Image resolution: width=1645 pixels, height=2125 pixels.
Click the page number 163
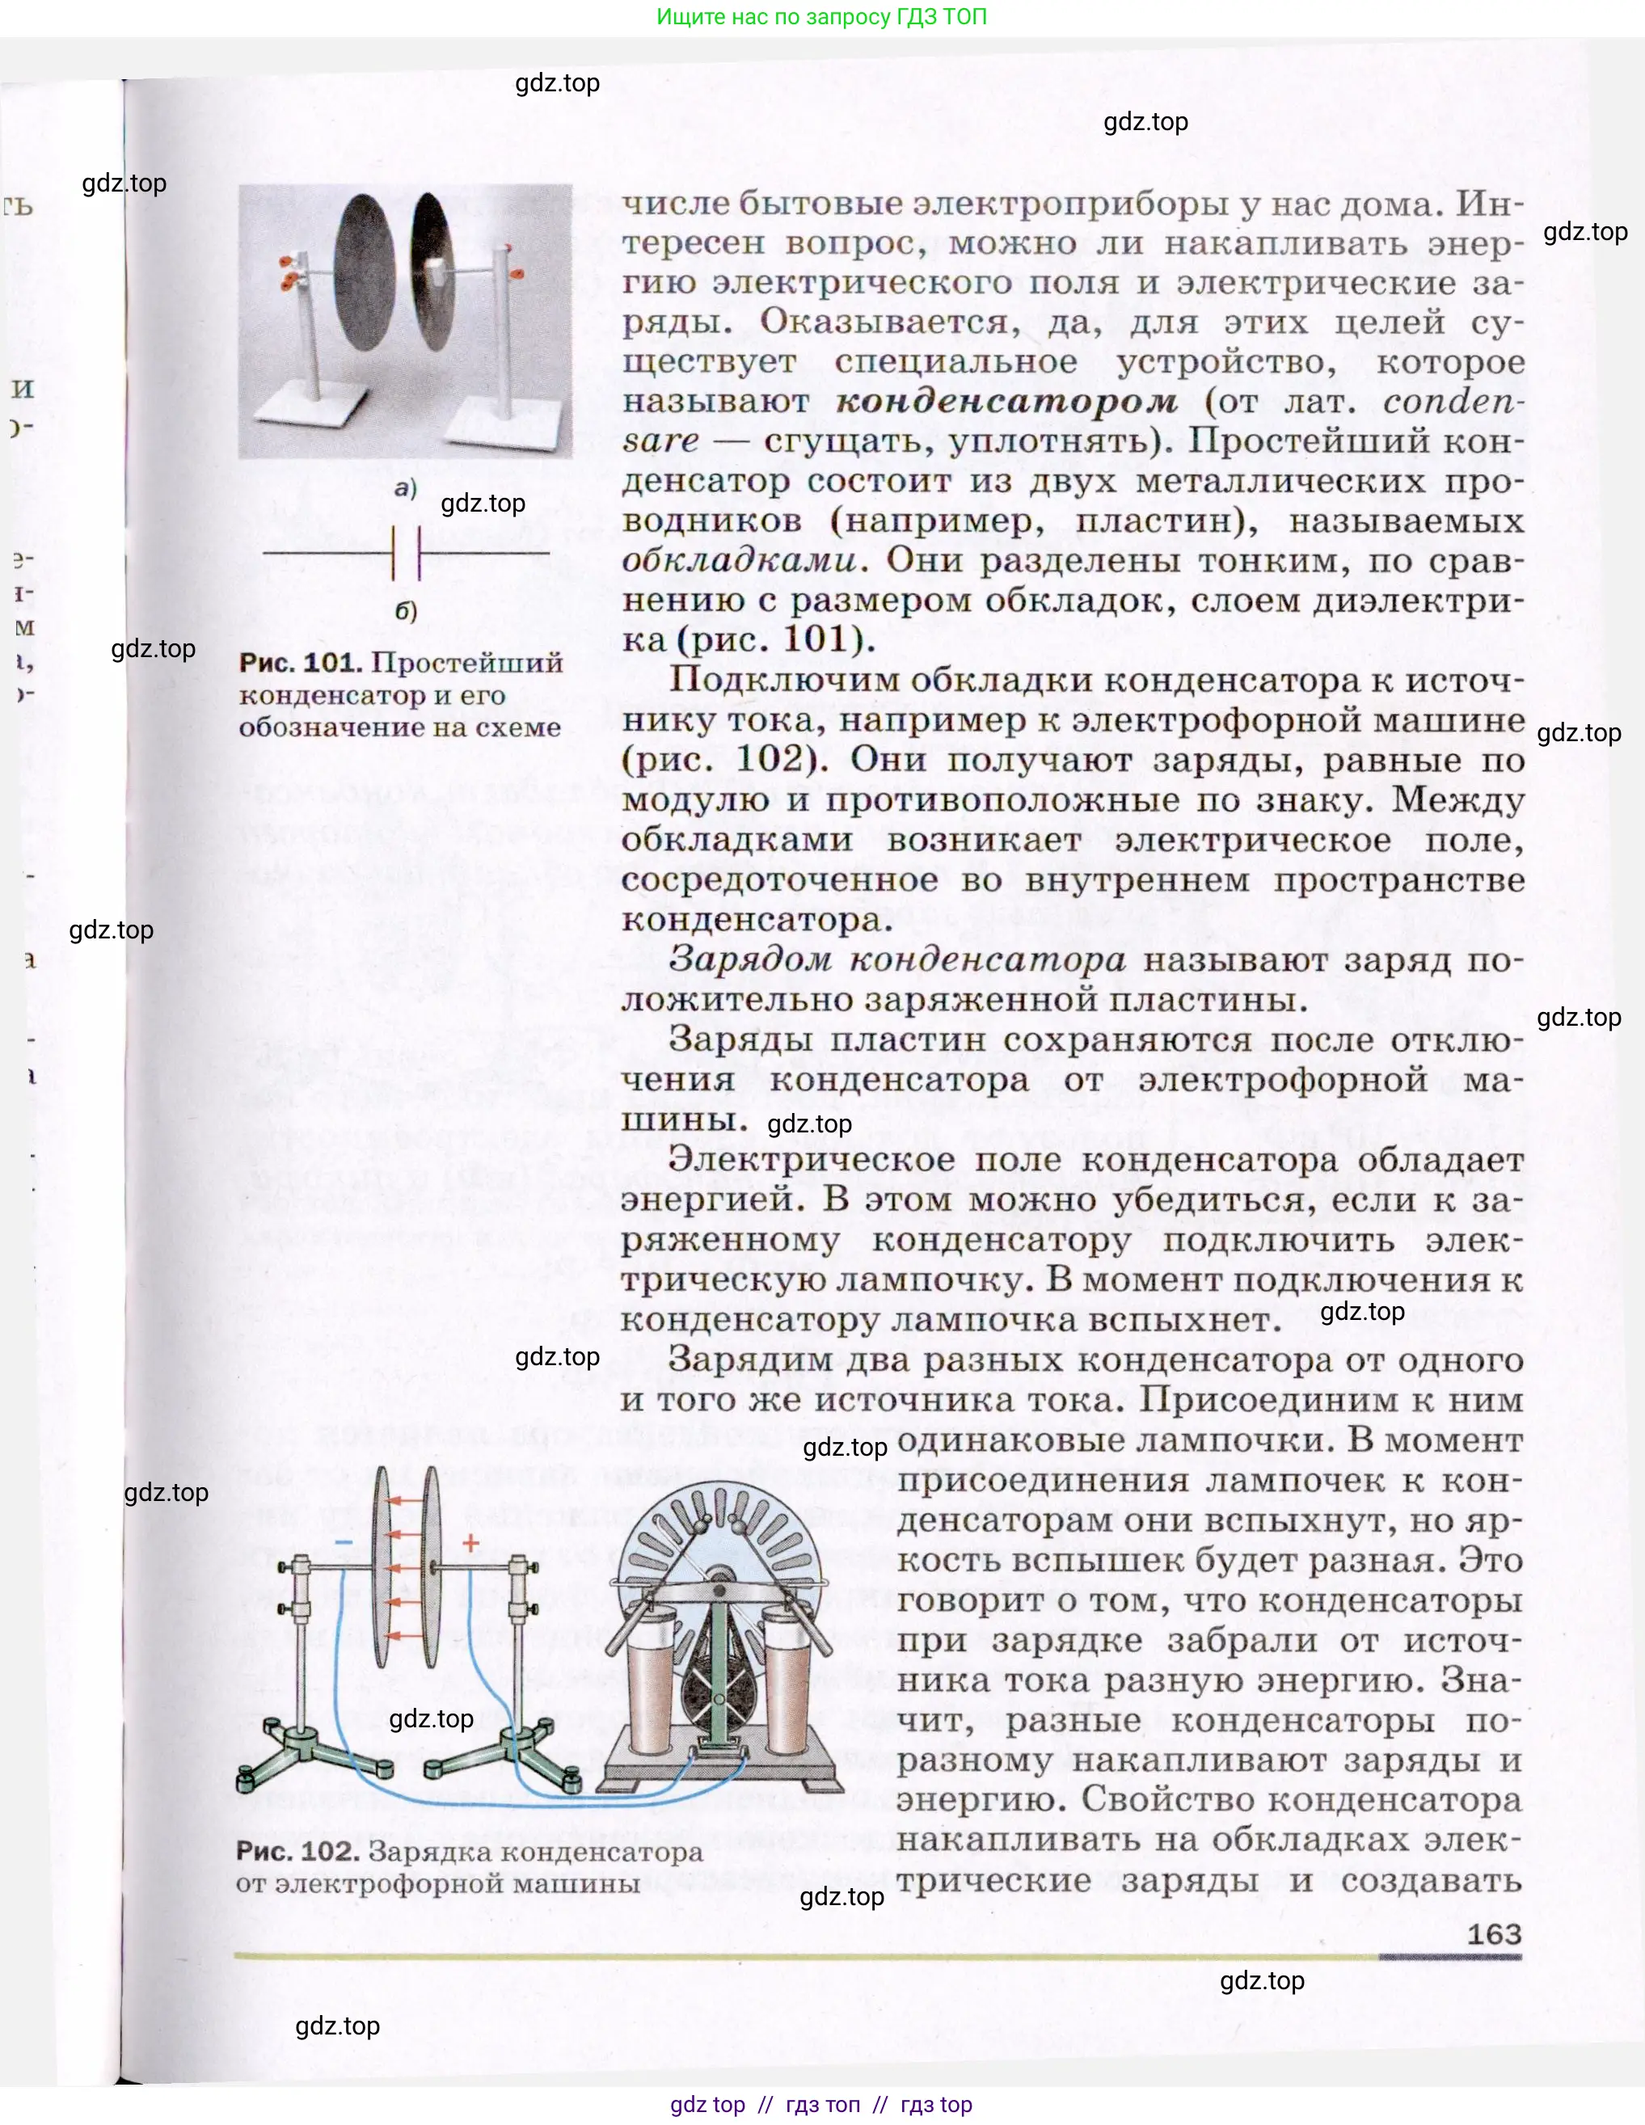tap(1493, 1933)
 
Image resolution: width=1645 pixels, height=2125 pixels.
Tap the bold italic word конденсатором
tap(1006, 401)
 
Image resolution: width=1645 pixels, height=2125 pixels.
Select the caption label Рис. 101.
tap(301, 663)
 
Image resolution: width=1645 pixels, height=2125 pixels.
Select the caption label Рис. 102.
tap(297, 1851)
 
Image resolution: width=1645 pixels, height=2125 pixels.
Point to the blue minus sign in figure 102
tap(344, 1543)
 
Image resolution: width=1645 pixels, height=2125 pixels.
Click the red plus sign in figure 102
tap(470, 1543)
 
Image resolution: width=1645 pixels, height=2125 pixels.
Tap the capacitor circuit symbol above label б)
tap(406, 554)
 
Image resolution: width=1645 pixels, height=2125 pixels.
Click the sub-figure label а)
tap(406, 488)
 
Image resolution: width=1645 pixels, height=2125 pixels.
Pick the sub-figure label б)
tap(406, 611)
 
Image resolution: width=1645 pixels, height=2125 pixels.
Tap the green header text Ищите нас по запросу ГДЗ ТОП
tap(821, 16)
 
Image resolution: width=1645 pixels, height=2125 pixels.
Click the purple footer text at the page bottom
tap(821, 2105)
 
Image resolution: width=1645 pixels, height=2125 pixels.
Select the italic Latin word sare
tap(660, 441)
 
